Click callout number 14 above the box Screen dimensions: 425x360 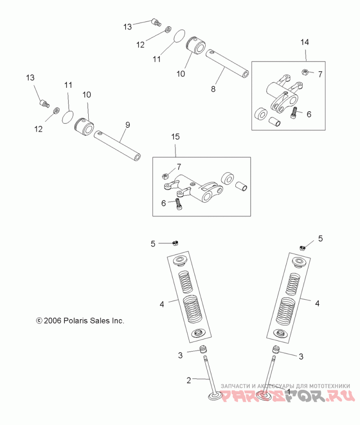305,42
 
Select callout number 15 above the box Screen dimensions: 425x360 175,136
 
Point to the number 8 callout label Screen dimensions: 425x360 213,89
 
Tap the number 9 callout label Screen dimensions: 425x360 127,125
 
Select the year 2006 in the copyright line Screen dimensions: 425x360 53,321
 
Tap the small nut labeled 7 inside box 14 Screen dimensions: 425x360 305,72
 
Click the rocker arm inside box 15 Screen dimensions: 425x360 198,187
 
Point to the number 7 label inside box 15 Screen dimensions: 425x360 179,167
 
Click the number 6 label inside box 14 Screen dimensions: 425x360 309,114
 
